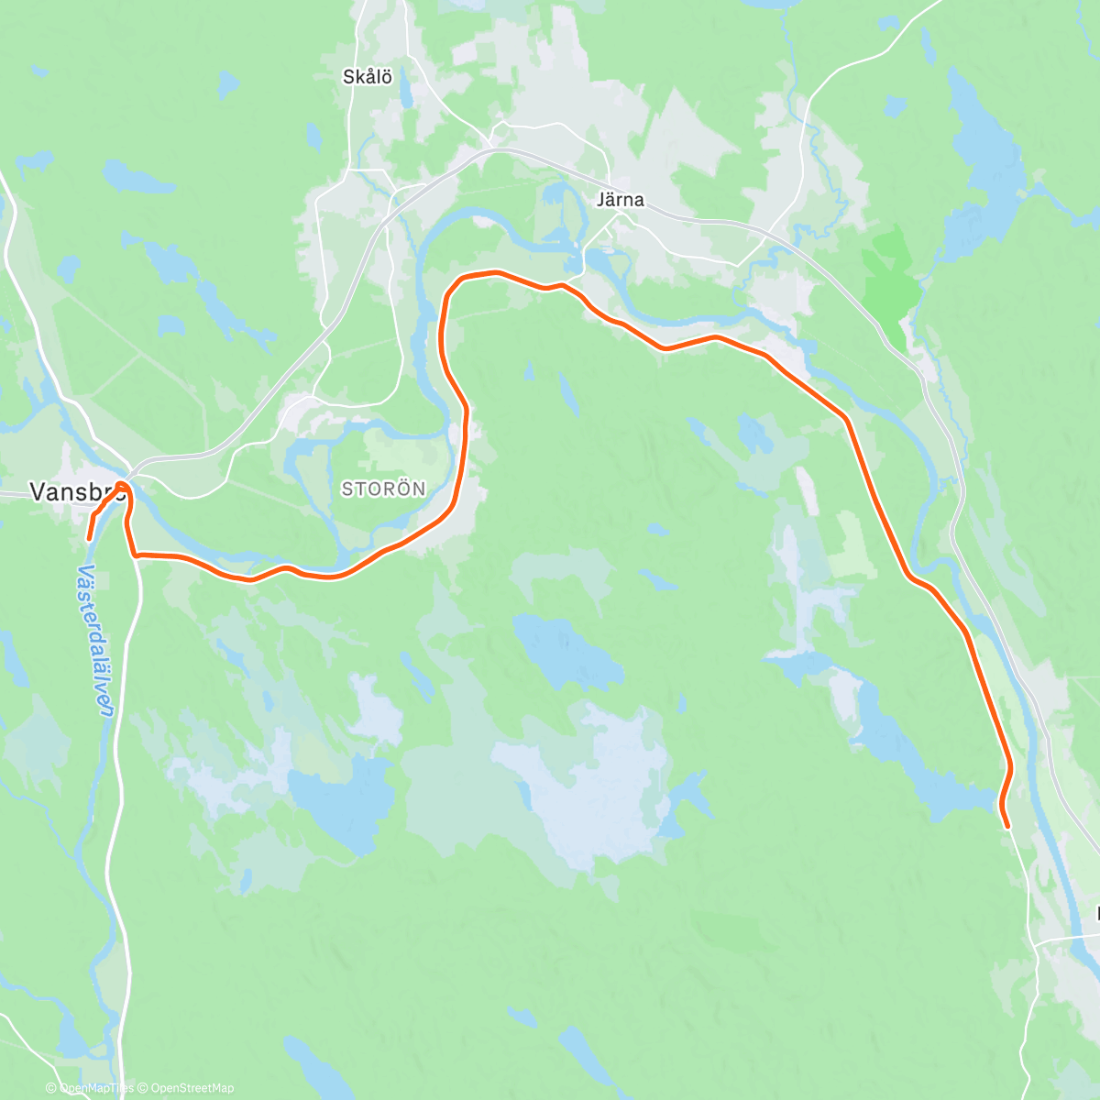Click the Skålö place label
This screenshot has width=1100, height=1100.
coord(368,77)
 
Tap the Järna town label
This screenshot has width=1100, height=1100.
coord(620,200)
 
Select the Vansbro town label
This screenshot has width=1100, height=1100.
coord(77,492)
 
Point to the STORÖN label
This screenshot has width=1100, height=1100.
coord(383,489)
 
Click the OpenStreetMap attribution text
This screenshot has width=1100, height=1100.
coord(192,1088)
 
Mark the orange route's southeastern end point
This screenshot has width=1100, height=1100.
coord(1007,827)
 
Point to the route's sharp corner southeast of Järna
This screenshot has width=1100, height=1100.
coord(846,420)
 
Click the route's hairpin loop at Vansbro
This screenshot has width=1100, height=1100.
coord(123,487)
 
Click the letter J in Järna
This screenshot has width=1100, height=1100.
coord(600,200)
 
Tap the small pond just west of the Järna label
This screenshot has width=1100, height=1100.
coord(555,194)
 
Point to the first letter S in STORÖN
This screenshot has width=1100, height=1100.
coord(346,489)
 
